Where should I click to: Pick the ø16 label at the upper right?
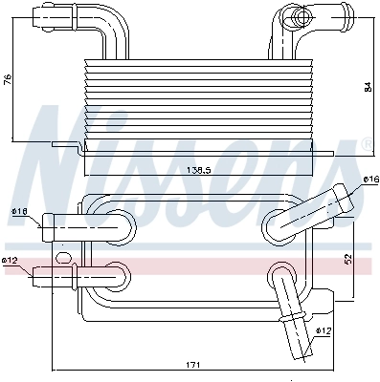coord(371,179)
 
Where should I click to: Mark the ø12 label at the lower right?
coord(324,330)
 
